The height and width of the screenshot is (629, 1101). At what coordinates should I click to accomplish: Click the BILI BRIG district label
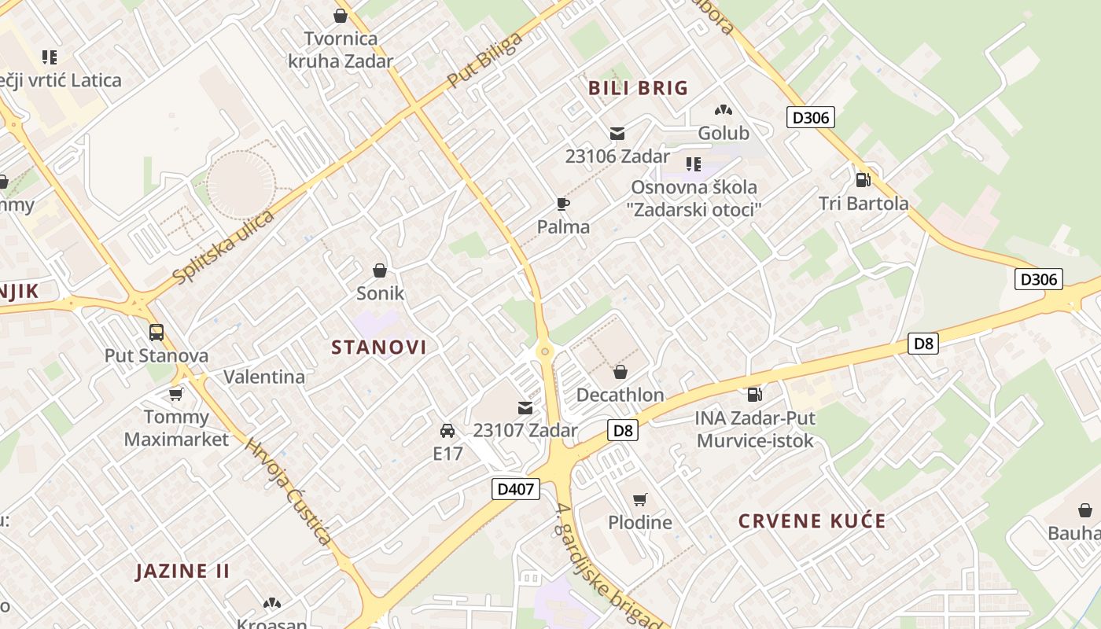click(x=638, y=88)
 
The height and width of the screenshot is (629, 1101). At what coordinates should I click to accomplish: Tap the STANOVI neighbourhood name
click(x=379, y=347)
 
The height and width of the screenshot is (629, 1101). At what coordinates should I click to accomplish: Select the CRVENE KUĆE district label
click(x=812, y=520)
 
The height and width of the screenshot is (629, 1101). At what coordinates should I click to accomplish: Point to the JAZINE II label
click(x=183, y=571)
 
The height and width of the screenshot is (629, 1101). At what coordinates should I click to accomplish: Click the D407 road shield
click(x=516, y=488)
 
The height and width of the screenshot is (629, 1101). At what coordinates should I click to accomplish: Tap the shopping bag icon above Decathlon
click(x=620, y=372)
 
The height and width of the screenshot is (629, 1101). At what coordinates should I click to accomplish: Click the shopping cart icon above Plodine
click(x=640, y=499)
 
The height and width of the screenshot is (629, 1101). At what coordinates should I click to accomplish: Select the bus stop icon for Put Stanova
click(x=156, y=333)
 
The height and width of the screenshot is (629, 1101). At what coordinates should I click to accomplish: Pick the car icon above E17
click(x=447, y=431)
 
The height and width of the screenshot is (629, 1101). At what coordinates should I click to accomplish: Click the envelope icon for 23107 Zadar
click(x=525, y=408)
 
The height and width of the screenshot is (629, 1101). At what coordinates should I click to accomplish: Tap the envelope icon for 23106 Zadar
click(x=617, y=134)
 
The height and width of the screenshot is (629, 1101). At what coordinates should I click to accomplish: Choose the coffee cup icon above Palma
click(x=563, y=204)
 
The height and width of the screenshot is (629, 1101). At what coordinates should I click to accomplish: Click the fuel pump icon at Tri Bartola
click(x=863, y=180)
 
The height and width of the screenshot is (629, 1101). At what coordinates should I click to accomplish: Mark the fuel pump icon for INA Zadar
click(x=755, y=395)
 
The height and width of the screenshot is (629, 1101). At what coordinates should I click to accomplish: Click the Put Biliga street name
click(x=484, y=61)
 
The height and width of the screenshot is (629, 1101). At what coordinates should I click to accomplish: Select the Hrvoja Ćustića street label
click(x=288, y=491)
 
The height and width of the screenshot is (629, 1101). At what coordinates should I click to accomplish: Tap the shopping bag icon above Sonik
click(x=380, y=270)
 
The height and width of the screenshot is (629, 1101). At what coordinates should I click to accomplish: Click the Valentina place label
click(x=264, y=377)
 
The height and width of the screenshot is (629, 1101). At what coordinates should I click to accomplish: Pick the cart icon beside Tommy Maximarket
click(x=176, y=394)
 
